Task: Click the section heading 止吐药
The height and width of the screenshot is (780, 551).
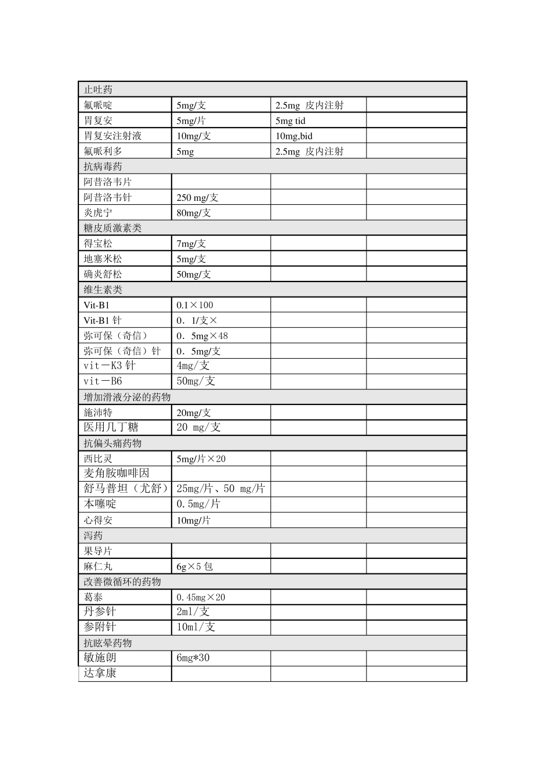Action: point(98,89)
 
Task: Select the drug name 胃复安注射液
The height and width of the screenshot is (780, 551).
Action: point(113,136)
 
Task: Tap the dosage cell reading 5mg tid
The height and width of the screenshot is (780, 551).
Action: point(290,121)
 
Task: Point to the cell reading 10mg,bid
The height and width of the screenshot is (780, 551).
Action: point(293,136)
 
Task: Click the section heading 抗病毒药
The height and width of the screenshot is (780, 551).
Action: point(103,167)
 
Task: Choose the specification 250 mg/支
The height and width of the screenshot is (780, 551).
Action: point(197,197)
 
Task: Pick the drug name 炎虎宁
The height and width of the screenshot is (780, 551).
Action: point(98,212)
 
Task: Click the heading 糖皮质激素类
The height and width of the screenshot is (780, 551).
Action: point(113,228)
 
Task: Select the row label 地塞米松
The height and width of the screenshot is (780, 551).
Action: point(103,259)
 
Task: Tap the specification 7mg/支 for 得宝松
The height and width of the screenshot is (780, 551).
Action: point(191,244)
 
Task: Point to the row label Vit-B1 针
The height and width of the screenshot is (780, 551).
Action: point(103,320)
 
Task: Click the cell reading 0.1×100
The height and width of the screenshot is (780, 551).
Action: point(194,305)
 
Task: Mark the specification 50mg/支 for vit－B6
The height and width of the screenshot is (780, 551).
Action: point(195,381)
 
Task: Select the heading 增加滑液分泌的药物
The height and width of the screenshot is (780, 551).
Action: point(127,397)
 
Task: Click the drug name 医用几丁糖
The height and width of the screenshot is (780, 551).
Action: point(111,427)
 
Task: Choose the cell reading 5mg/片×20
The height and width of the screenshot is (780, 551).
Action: point(201,458)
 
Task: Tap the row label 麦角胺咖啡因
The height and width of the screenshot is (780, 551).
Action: point(116,473)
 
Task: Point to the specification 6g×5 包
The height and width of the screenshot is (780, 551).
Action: point(194,566)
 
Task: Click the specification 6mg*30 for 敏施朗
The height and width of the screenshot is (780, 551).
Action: point(193,658)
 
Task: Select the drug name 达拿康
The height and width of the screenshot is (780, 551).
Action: point(100,673)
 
